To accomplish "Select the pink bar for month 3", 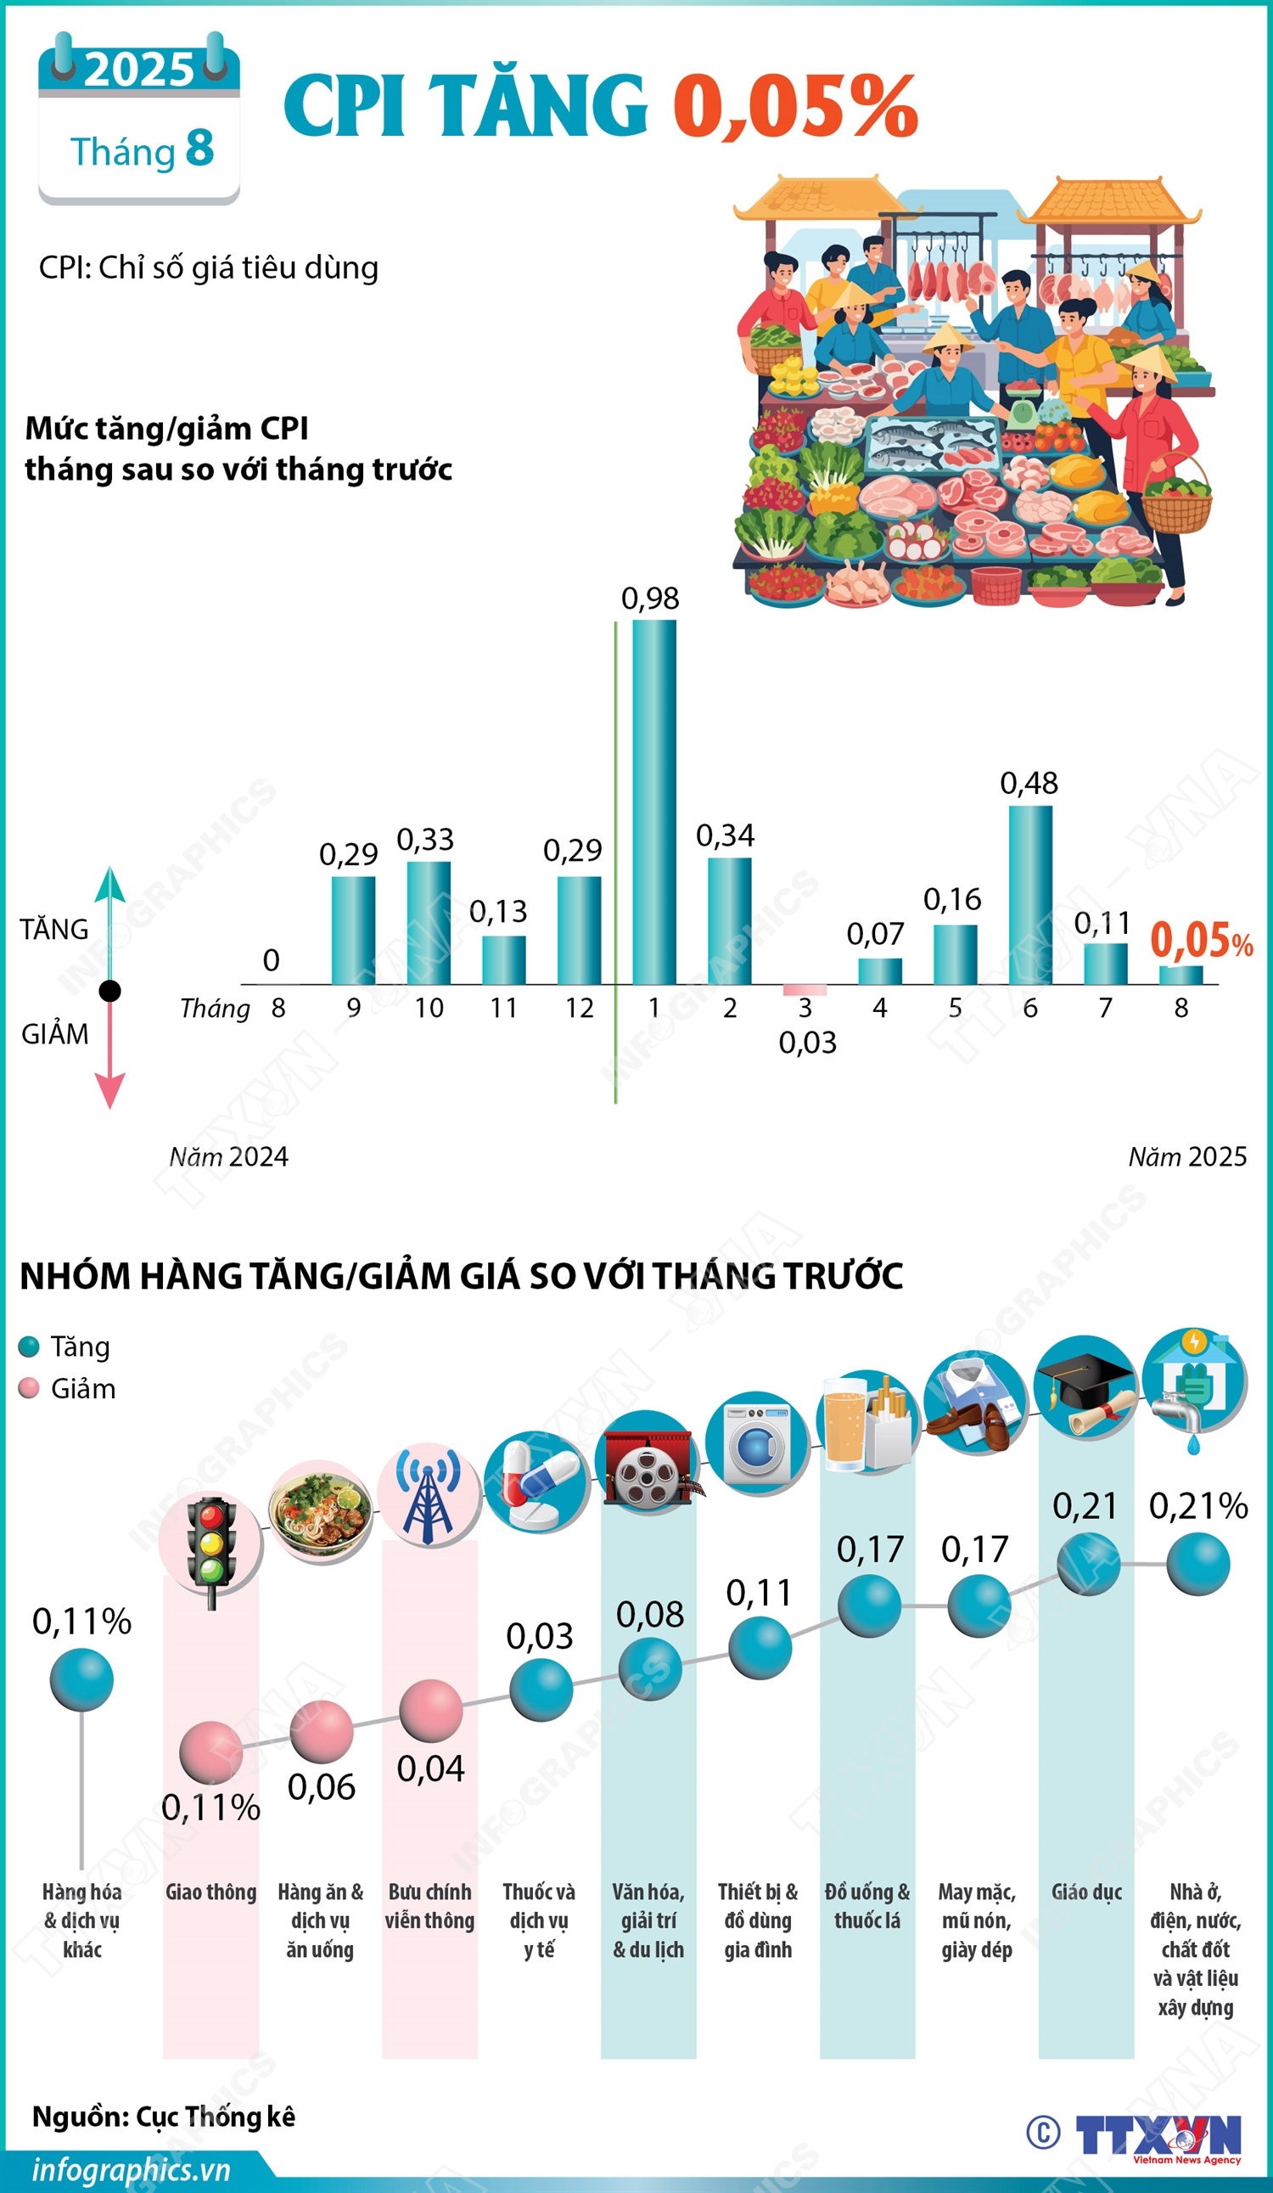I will click(x=804, y=990).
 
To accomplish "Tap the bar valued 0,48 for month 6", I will click(x=1030, y=895).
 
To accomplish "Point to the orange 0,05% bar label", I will click(x=1201, y=941).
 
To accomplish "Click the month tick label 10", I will click(x=428, y=1008).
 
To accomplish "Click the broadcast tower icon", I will click(x=428, y=1495).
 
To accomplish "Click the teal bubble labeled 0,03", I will click(x=541, y=1690).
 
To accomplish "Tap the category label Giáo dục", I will click(x=1086, y=1892).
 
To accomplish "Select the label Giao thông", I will click(x=211, y=1892).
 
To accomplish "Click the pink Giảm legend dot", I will click(x=29, y=1388).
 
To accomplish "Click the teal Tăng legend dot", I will click(x=29, y=1347).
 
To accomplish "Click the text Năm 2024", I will click(x=229, y=1156).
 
